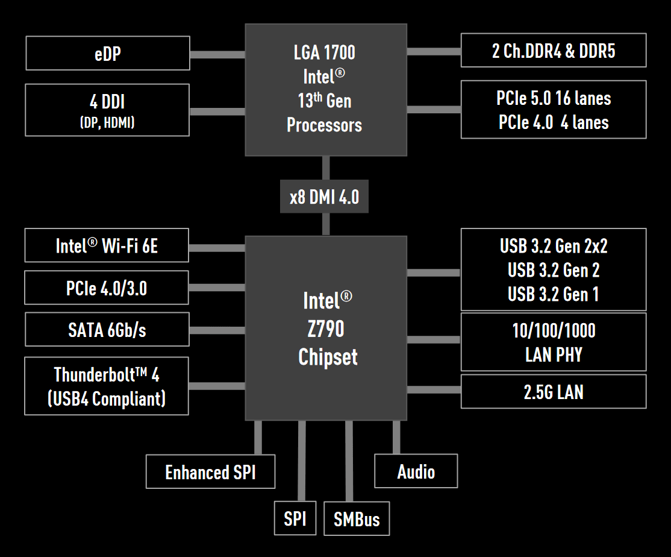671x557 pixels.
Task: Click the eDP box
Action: [108, 53]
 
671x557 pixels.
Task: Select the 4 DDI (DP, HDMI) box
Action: [108, 110]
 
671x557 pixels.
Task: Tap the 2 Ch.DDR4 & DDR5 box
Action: [553, 50]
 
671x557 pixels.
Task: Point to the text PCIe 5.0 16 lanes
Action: [553, 98]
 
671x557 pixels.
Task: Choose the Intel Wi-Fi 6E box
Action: [107, 245]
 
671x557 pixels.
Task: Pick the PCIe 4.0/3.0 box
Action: [107, 288]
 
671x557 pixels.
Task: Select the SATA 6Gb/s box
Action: [107, 329]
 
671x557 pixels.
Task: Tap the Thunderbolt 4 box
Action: [107, 386]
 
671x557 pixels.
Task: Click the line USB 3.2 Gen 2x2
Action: [553, 246]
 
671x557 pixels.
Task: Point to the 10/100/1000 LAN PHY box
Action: [553, 341]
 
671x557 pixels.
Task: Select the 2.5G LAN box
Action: [553, 391]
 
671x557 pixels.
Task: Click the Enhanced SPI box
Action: [210, 471]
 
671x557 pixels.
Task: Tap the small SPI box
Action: [295, 518]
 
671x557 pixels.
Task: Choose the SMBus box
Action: [357, 518]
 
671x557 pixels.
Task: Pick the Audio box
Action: [416, 471]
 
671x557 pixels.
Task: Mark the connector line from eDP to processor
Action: [217, 55]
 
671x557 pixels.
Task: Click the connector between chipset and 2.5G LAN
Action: [434, 390]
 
